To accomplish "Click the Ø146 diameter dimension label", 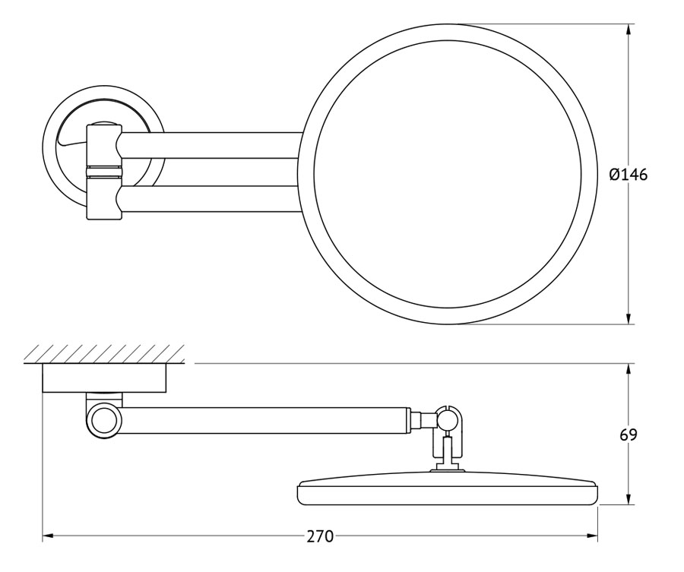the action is pos(629,175).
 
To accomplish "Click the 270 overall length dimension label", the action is pos(320,537).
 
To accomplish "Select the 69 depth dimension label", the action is pos(629,435).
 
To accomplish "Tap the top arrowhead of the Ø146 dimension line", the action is pos(629,30).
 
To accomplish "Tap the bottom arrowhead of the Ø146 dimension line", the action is pos(629,318).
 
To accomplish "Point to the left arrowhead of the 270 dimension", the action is pos(49,537).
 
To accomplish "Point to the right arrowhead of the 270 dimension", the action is pos(591,537).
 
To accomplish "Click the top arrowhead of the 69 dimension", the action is pos(629,370).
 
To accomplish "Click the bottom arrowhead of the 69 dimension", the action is pos(629,499).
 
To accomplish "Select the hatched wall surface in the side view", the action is pos(104,354).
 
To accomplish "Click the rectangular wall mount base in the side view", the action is pos(104,378).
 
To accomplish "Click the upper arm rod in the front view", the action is pos(212,145).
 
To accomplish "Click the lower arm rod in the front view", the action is pos(212,199).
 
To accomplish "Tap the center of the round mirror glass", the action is pos(448,175).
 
